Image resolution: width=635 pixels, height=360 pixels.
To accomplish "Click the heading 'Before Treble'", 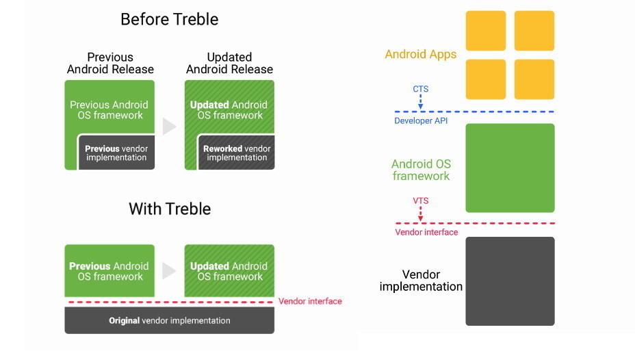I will (169, 19).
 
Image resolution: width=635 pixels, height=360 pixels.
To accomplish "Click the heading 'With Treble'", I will (169, 209).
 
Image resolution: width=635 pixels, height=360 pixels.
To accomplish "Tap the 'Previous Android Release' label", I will (110, 63).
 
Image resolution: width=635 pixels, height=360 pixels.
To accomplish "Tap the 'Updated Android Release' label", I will (229, 63).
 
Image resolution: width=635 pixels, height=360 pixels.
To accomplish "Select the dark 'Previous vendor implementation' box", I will (116, 153).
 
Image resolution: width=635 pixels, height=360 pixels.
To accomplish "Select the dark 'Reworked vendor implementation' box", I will (237, 153).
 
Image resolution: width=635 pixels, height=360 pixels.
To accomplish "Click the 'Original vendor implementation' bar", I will (169, 320).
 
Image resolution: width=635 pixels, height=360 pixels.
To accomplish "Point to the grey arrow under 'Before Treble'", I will (169, 127).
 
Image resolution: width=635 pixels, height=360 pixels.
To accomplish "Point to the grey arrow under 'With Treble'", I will (169, 270).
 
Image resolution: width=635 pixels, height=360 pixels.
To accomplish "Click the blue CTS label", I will (421, 88).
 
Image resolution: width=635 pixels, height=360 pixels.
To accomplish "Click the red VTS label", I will (421, 201).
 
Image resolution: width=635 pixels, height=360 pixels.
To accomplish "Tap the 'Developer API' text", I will (421, 121).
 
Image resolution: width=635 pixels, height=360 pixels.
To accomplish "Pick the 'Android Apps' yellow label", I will (420, 54).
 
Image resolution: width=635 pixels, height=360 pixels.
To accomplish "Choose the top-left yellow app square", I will (486, 31).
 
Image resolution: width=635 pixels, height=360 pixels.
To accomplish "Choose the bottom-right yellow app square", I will (534, 79).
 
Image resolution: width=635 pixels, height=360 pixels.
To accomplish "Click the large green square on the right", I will (510, 168).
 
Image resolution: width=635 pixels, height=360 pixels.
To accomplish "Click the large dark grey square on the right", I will (510, 281).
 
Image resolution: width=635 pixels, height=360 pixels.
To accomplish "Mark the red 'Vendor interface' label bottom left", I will (310, 301).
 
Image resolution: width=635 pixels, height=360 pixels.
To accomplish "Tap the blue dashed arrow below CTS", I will (421, 102).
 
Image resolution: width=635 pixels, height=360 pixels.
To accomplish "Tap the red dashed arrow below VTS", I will (421, 214).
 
